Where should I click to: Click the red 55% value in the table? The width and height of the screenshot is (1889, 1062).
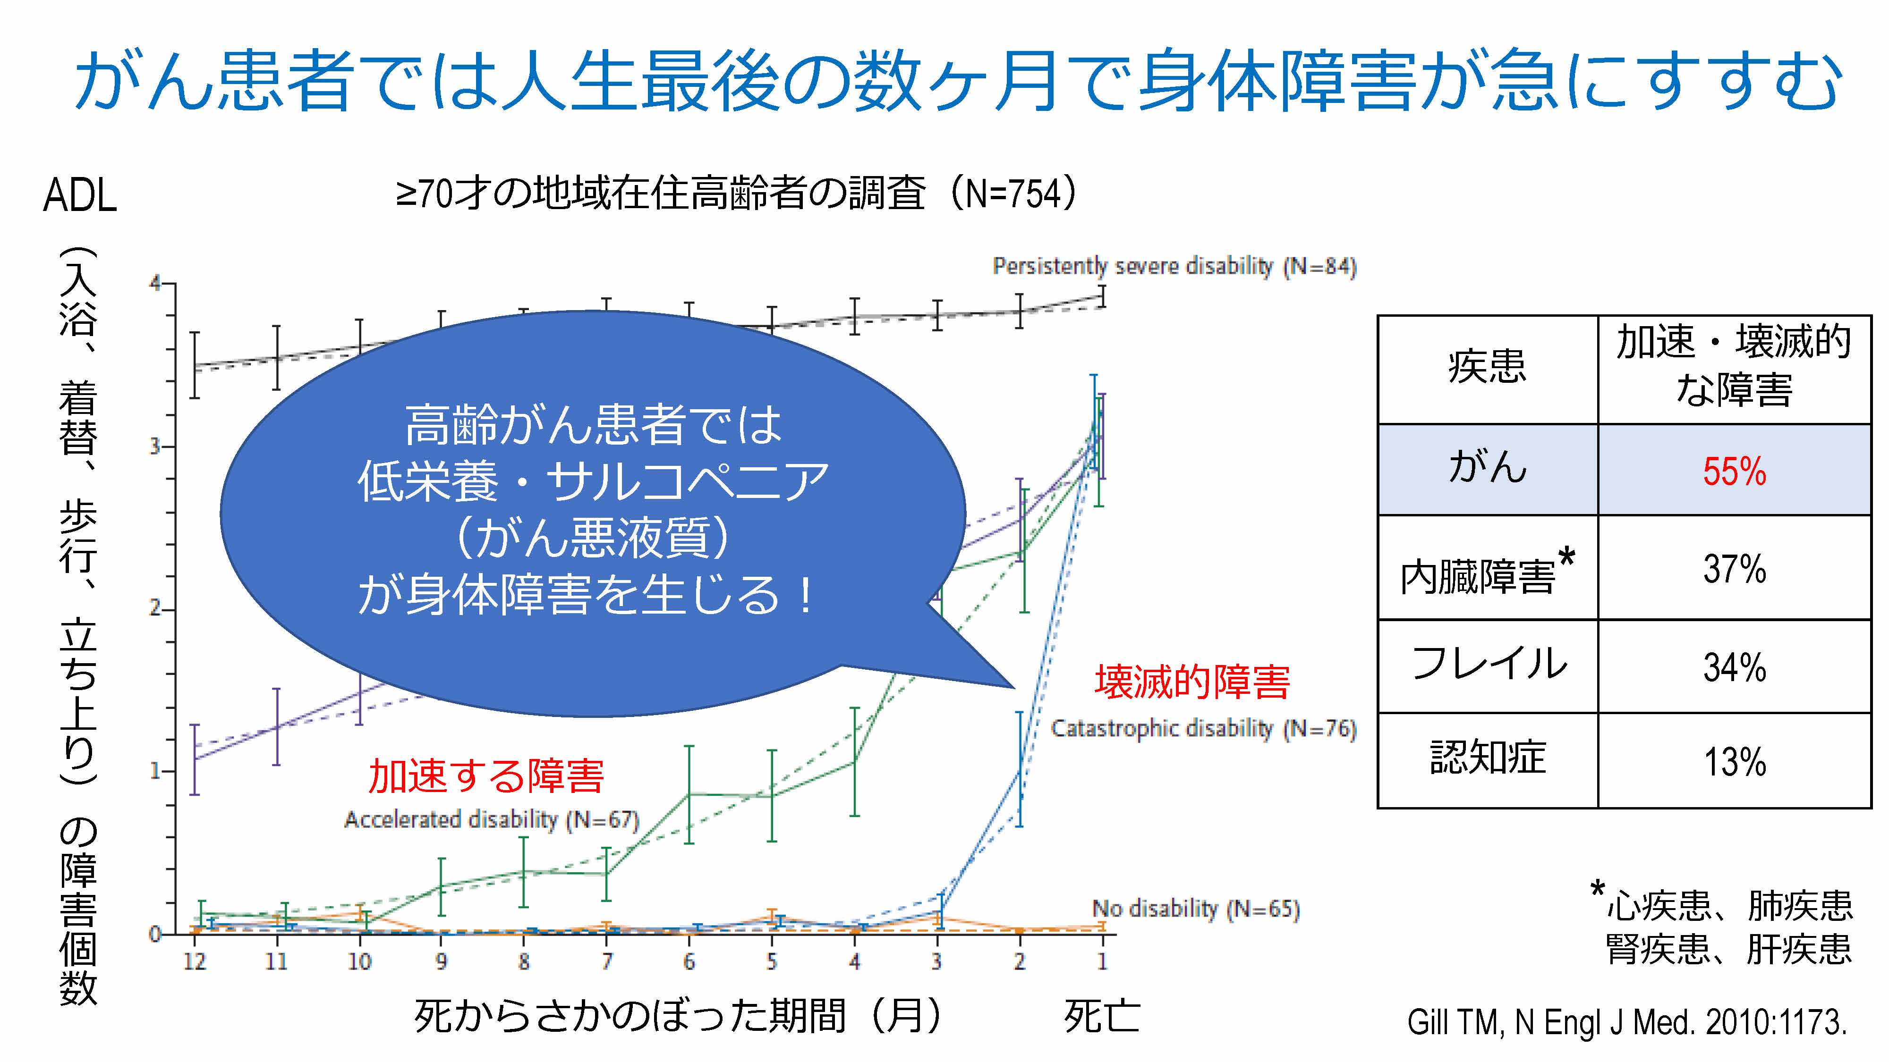pos(1734,471)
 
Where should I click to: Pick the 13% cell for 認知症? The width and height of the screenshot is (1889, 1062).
pos(1734,761)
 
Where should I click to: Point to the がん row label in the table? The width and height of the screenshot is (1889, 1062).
pos(1487,468)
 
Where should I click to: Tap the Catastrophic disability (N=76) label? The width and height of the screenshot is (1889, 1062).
pos(1203,728)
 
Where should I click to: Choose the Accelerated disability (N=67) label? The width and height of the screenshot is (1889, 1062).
pos(491,819)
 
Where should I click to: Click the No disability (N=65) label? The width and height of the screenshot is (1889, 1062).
pos(1195,909)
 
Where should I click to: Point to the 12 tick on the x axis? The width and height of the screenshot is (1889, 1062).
pos(194,961)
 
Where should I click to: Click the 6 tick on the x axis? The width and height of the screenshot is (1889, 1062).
pos(689,961)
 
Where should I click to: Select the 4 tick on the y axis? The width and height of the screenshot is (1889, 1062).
pos(155,283)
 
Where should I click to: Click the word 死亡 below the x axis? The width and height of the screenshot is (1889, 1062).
pos(1101,1017)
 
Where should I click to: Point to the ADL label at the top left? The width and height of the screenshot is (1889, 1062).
pos(80,196)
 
